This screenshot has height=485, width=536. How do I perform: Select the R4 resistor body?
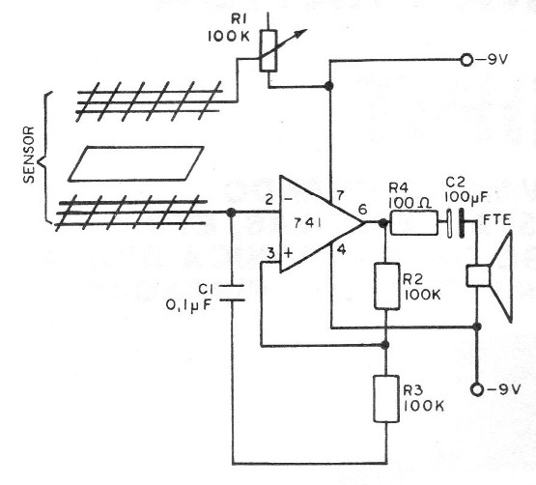tap(414, 224)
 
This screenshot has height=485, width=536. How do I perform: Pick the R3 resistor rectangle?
tap(386, 399)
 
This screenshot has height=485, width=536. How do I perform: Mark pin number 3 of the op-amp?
tap(271, 253)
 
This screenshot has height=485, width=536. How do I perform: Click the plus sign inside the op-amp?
tap(288, 250)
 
